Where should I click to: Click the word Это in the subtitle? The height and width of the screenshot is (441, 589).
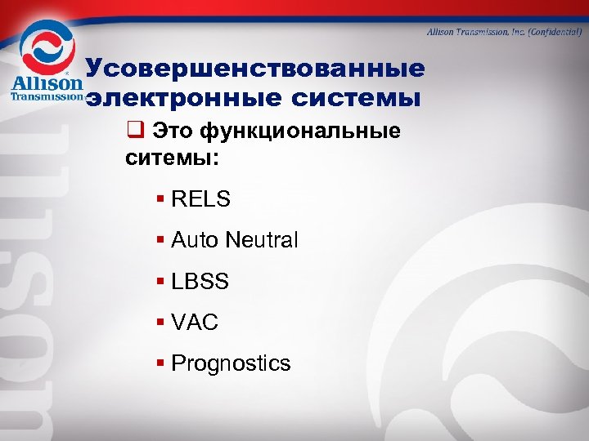pyautogui.click(x=174, y=131)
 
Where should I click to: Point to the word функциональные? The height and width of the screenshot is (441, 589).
pyautogui.click(x=302, y=131)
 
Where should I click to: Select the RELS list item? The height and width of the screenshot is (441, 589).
pyautogui.click(x=200, y=198)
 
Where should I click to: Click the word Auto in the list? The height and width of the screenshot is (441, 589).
pyautogui.click(x=194, y=240)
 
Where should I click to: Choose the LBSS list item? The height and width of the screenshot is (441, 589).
pyautogui.click(x=200, y=282)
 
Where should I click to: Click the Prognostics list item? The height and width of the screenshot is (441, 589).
pyautogui.click(x=231, y=363)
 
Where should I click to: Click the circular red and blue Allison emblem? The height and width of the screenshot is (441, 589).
pyautogui.click(x=47, y=47)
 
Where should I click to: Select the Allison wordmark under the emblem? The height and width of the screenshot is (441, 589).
pyautogui.click(x=47, y=83)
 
